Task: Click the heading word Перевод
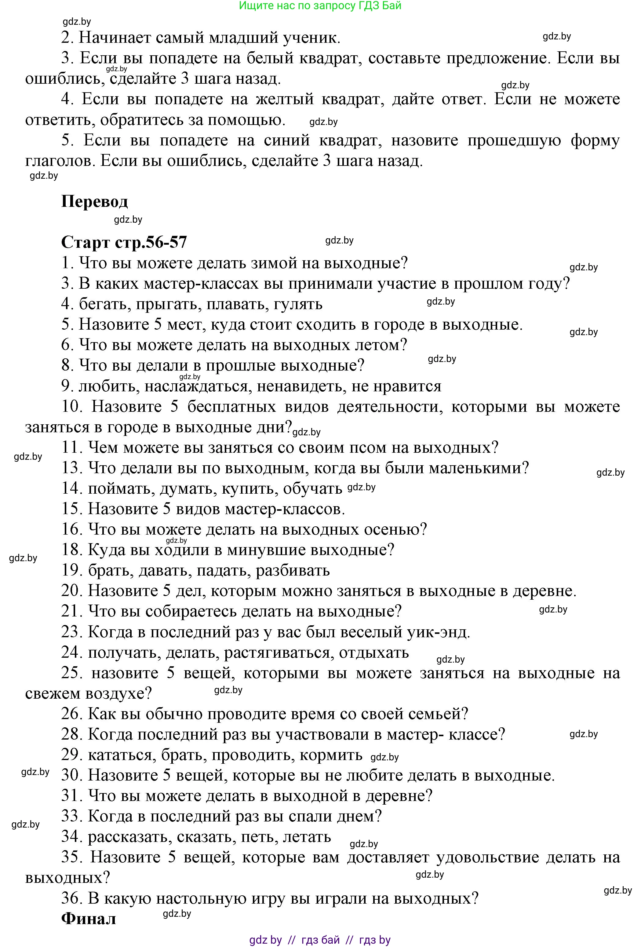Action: coord(94,202)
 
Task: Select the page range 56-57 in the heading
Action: coord(165,243)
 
